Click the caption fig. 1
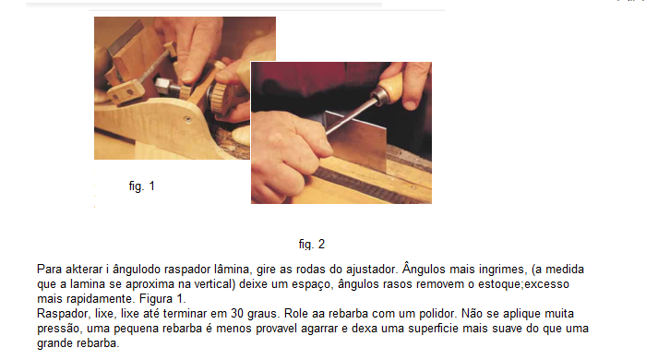[142, 186]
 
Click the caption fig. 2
[312, 245]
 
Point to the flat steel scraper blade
[357, 140]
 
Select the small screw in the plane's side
[187, 120]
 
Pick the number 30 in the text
[237, 314]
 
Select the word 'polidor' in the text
[437, 314]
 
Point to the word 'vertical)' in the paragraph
[214, 284]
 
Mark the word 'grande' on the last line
[55, 343]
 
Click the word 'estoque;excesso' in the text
[523, 284]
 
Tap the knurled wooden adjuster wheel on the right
[221, 99]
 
